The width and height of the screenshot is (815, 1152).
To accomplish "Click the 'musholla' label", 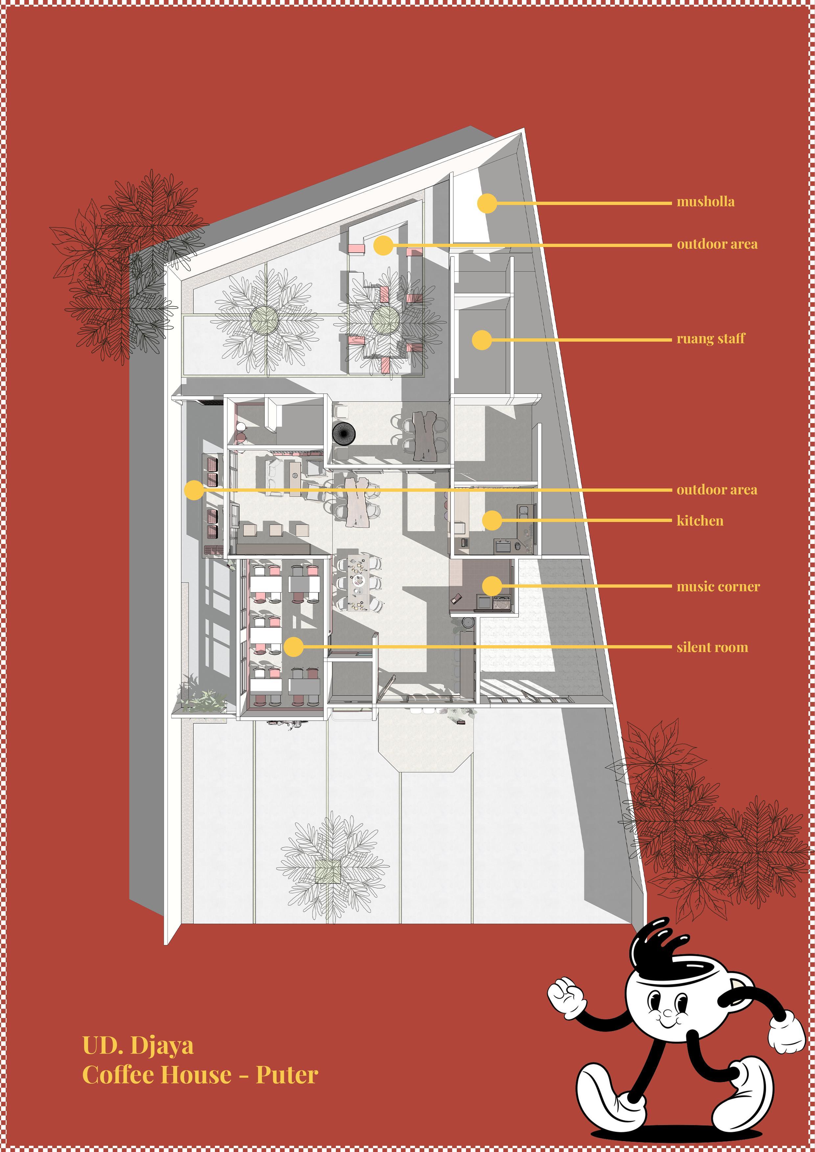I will pos(705,202).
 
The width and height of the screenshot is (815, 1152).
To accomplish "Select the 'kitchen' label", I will pos(700,521).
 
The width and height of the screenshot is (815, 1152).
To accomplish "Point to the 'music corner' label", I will pos(718,587).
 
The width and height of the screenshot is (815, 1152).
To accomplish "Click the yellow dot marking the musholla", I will pos(487,203).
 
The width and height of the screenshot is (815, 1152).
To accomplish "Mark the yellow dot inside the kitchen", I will pos(492,520).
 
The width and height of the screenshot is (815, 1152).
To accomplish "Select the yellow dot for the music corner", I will pos(492,586).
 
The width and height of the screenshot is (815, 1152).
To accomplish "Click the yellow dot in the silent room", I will pos(293,647).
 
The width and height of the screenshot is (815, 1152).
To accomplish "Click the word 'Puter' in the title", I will pos(287,1075).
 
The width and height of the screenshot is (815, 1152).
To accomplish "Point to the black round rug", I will pos(344,432).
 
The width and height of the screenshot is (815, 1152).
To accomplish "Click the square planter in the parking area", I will pos(328,871).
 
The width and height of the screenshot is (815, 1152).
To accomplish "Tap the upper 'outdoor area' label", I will pos(717,244).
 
